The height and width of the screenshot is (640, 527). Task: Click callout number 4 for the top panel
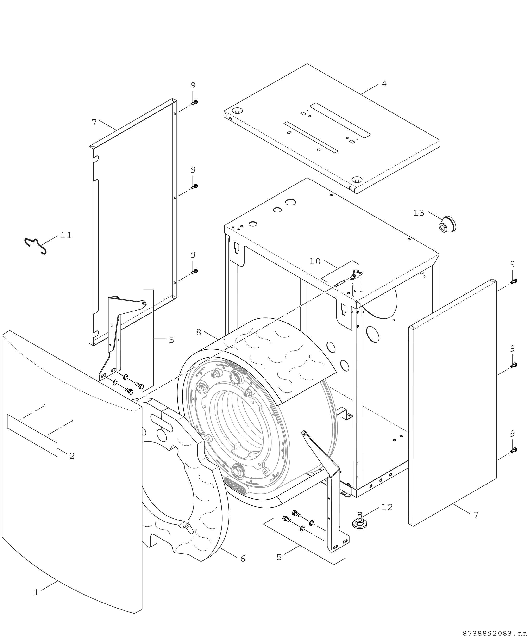[384, 84]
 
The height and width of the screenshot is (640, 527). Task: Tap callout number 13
[419, 213]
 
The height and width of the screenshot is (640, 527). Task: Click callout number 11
[66, 236]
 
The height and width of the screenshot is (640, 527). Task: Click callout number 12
[387, 507]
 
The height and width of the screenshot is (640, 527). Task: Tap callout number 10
[315, 261]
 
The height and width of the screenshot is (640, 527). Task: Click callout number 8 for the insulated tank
[199, 333]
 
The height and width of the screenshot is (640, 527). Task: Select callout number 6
[243, 559]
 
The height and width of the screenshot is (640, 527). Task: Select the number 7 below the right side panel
[476, 515]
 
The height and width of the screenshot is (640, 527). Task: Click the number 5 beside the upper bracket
[171, 340]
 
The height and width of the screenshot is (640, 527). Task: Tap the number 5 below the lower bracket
[279, 558]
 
